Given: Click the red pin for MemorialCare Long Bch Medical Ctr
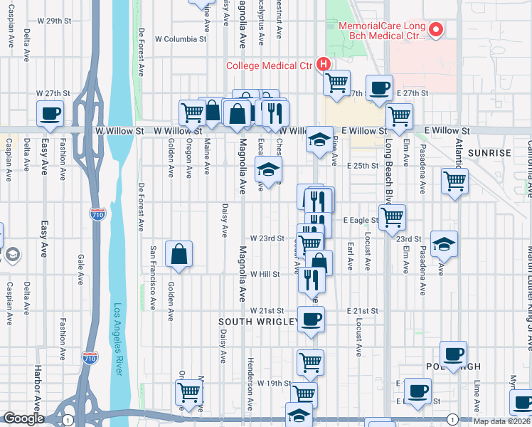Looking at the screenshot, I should coord(437,30).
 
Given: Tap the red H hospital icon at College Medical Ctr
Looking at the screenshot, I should coord(324,64).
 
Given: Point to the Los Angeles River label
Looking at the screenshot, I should coord(119,339).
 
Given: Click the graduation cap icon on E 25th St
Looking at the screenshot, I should coord(268,169).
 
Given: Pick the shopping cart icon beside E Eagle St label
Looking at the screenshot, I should coord(392,217).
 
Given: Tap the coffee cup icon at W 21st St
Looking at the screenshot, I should coord(311,319).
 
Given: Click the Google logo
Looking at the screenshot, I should coord(23,418).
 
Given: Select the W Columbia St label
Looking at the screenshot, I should coord(181,38).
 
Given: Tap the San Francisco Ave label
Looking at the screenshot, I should coord(152,278).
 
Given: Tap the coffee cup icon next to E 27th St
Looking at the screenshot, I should coord(380,88).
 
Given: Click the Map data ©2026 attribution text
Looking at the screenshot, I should coord(501,421).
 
